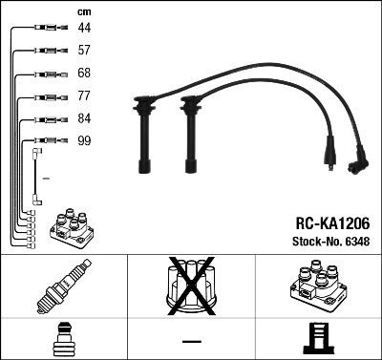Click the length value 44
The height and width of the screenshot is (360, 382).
85,28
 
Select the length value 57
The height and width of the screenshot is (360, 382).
85,50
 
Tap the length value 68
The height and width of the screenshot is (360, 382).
85,73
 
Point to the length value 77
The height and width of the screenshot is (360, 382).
85,95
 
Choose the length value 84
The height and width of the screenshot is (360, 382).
85,118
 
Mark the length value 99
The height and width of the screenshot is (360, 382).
85,140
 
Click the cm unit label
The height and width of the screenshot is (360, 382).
84,11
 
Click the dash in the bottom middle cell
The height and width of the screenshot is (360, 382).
191,341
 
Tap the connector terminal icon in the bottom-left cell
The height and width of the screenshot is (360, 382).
63,340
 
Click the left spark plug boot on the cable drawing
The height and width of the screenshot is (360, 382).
144,134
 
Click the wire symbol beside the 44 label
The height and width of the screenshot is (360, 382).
49,28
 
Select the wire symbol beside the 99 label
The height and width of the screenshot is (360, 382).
49,140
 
